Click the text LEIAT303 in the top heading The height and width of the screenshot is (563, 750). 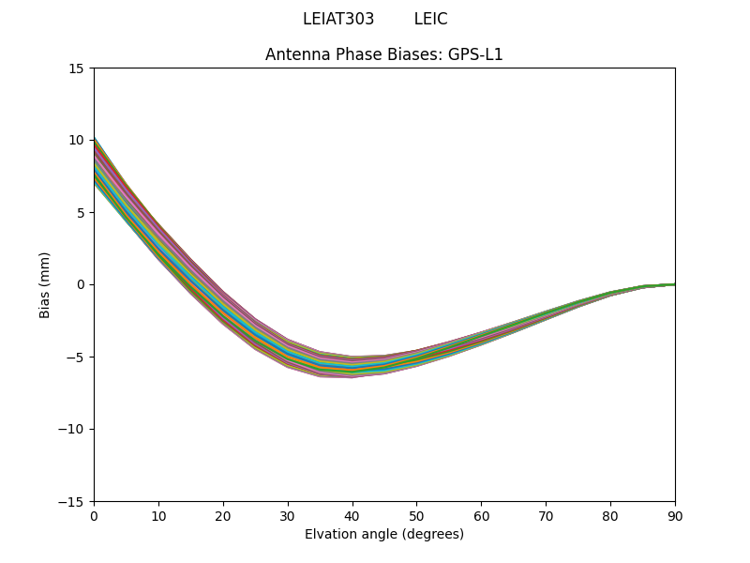(x=337, y=20)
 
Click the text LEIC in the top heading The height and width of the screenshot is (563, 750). (x=430, y=20)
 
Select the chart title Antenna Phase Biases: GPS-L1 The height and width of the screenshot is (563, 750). (x=383, y=54)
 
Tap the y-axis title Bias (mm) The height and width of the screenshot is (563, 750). (x=45, y=284)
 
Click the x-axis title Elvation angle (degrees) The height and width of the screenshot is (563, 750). (x=383, y=535)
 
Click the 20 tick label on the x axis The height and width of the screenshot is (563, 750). (x=223, y=515)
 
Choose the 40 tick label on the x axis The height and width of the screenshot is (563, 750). (x=352, y=515)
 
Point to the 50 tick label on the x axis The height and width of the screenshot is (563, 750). (x=416, y=515)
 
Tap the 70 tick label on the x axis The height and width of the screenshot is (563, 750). (x=546, y=515)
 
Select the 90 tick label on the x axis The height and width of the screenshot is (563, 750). (x=674, y=515)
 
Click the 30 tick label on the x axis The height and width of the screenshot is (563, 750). (x=288, y=515)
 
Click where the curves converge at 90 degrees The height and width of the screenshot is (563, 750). (x=673, y=284)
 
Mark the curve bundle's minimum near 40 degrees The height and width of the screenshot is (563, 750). (x=352, y=368)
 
